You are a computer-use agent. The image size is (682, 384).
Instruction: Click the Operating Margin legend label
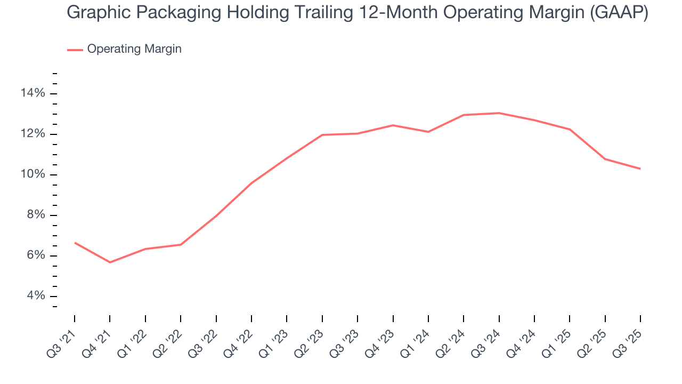134,49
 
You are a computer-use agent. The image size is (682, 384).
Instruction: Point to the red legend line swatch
75,50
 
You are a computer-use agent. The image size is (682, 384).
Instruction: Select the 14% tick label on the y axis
33,94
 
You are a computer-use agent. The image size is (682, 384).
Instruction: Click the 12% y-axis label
33,134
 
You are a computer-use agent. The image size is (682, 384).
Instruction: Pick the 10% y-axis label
33,175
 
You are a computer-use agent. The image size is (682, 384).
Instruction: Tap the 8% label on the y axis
36,215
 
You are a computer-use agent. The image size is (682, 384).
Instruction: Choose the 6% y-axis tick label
36,256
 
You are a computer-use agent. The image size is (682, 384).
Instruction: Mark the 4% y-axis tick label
36,297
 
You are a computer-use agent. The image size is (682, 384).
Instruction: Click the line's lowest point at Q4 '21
110,262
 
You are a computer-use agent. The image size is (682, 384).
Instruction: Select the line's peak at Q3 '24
499,113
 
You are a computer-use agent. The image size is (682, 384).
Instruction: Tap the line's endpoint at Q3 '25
640,169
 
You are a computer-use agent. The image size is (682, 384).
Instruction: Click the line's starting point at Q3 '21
75,243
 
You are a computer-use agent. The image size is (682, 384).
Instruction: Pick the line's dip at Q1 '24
428,132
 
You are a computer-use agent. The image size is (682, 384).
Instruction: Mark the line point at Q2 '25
605,159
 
